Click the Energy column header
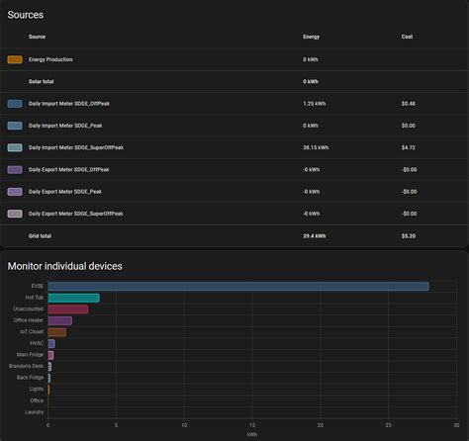[311, 37]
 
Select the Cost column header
[407, 37]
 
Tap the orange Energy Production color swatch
[14, 59]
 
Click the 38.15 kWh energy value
[318, 147]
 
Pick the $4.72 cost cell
[409, 147]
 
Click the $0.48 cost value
[409, 103]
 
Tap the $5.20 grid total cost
[409, 236]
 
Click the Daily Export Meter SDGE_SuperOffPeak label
[76, 214]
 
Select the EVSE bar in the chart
[237, 287]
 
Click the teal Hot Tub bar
[73, 298]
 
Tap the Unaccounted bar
[67, 309]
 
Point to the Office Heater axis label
[29, 320]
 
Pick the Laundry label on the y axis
[34, 411]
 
